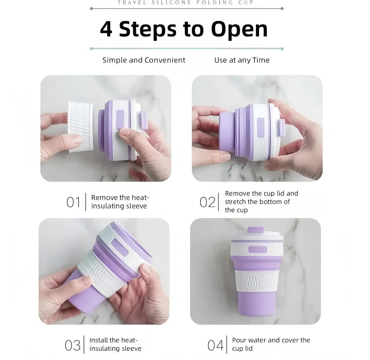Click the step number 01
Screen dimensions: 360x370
pos(73,202)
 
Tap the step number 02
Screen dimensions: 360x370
pos(207,202)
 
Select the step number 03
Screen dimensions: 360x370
pos(73,345)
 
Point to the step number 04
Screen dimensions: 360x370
pos(215,345)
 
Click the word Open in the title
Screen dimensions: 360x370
pos(239,30)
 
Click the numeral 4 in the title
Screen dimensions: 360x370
pos(106,30)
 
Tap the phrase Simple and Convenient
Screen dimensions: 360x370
pos(144,60)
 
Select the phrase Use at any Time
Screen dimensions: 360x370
pos(242,60)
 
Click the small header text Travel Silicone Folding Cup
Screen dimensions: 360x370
pos(186,3)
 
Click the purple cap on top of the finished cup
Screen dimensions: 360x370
pos(255,230)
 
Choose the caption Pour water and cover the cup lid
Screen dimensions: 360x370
pos(271,344)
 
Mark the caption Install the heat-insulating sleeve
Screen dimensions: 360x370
pos(115,344)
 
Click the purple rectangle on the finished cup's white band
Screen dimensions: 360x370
pos(258,250)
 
